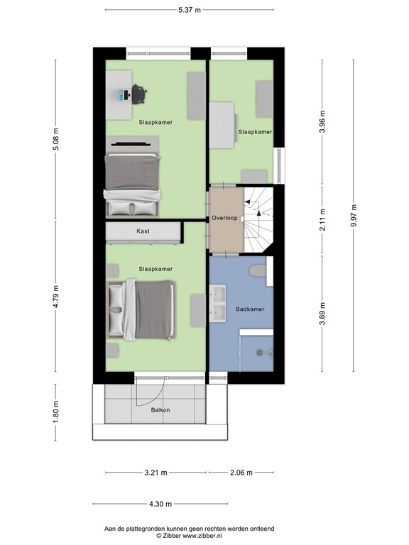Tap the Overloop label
[224, 217]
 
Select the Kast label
[143, 231]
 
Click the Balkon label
[160, 410]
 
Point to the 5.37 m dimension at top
[189, 10]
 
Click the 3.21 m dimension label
[155, 473]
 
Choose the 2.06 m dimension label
[240, 473]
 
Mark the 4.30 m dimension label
[160, 505]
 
